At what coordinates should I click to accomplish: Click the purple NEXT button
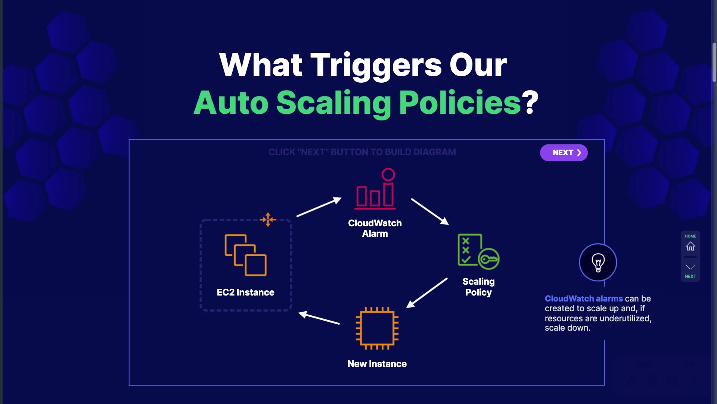[564, 153]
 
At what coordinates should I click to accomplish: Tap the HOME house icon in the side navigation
[690, 246]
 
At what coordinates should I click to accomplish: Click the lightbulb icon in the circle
[598, 262]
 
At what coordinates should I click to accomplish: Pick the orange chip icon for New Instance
[377, 328]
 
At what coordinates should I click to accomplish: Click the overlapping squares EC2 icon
[245, 255]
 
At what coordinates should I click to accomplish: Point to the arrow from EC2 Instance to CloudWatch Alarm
[319, 207]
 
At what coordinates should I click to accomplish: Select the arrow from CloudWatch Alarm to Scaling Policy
[429, 211]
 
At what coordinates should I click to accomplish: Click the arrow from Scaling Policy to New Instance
[426, 293]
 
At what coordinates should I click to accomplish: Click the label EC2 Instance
[245, 292]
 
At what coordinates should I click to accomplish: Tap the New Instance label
[377, 364]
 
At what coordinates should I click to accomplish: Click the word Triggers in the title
[376, 65]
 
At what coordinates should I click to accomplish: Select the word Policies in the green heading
[460, 102]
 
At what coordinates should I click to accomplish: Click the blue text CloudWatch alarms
[584, 299]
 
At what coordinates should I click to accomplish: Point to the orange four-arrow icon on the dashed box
[268, 220]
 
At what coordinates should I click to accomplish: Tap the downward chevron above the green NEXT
[690, 267]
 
